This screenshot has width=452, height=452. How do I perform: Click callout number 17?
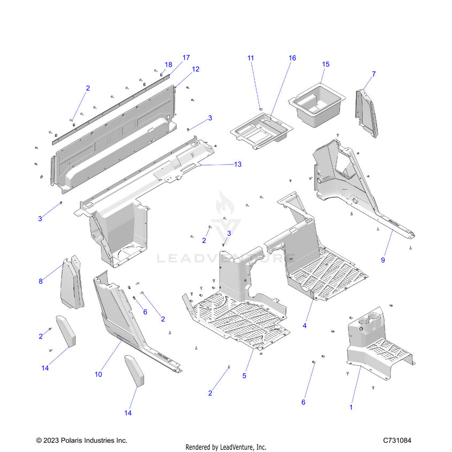186,57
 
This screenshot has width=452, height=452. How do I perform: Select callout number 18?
168,65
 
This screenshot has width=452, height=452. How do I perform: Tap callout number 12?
195,69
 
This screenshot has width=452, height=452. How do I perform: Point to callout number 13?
238,164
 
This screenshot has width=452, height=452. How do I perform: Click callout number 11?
250,57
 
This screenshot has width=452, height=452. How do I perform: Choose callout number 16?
292,57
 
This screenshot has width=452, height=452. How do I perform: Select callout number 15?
326,64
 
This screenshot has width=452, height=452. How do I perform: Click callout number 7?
373,74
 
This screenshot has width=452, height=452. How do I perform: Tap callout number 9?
383,260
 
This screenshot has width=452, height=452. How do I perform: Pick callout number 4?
304,325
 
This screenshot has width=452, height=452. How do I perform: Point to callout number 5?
244,376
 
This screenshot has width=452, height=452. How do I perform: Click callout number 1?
351,407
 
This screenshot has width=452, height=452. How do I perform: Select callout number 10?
98,374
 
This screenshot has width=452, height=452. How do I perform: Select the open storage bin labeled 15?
318,104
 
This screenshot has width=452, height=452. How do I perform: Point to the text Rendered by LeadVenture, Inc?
225,447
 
